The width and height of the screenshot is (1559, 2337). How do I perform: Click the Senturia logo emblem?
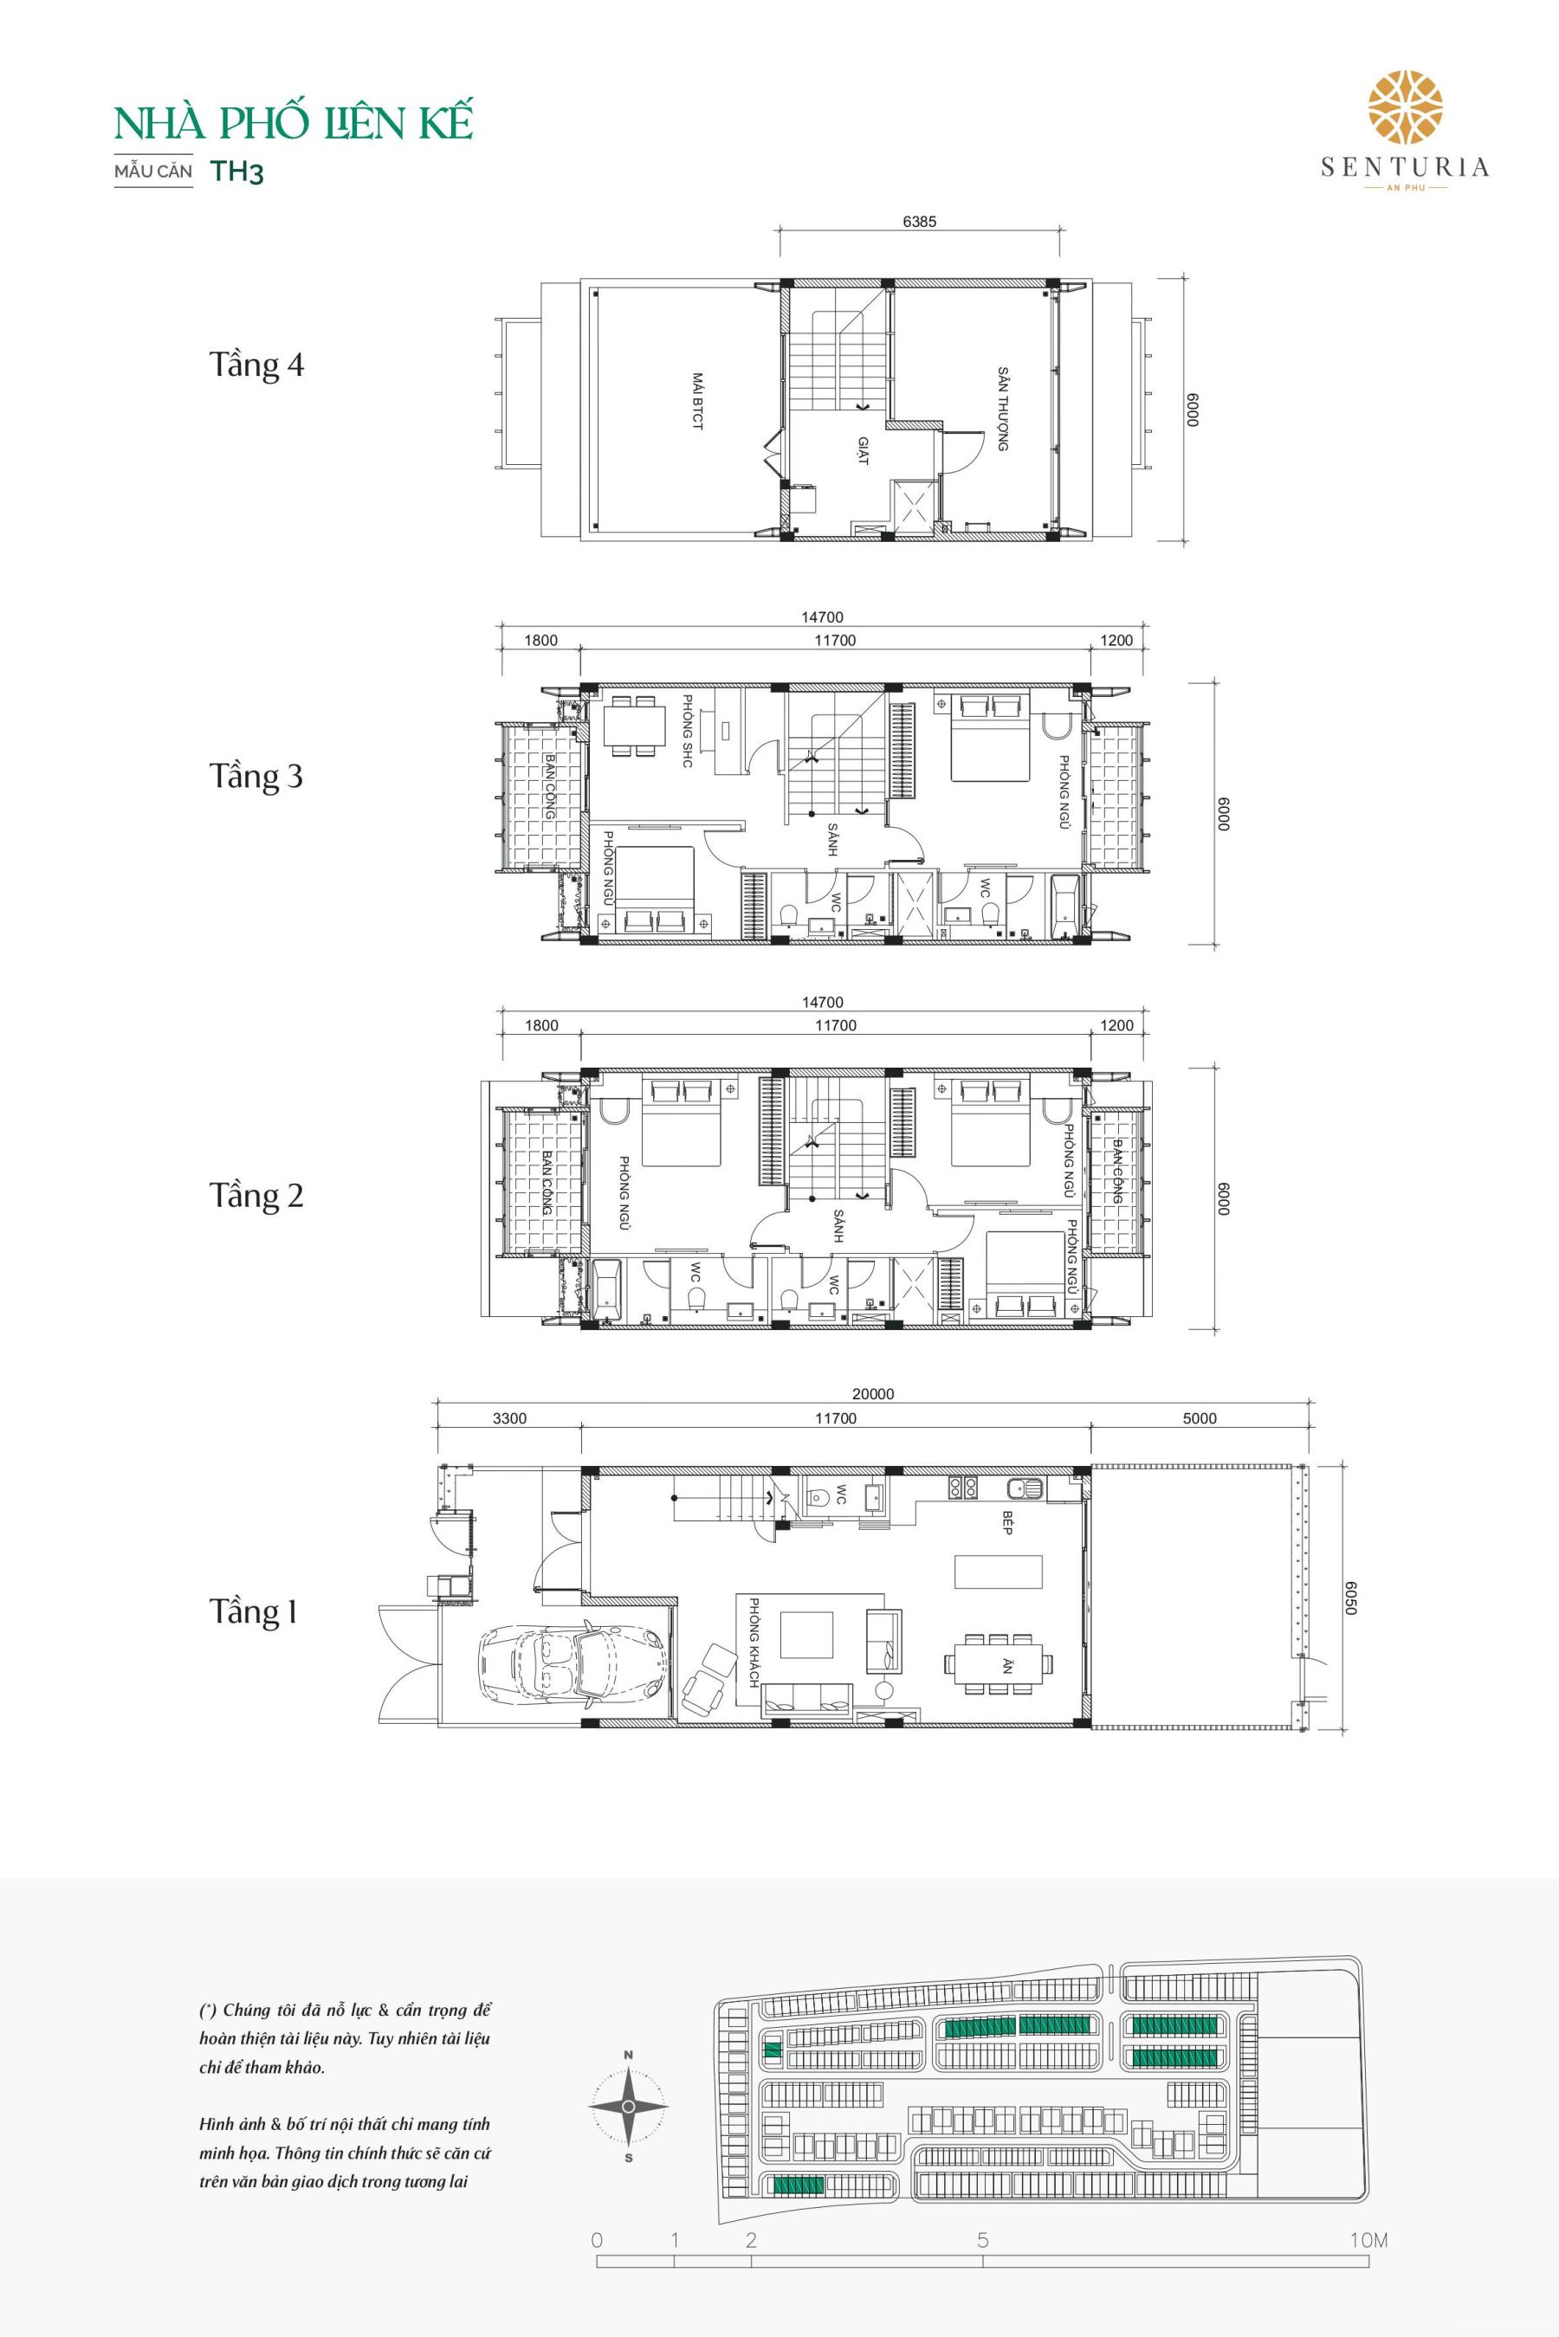[1405, 107]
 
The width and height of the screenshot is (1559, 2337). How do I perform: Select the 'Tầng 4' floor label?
[256, 365]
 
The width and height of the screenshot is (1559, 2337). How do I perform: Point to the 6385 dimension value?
[919, 223]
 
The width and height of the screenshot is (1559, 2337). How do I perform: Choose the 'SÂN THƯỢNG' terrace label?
[1003, 410]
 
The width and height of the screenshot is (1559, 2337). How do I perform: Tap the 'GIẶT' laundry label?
[863, 450]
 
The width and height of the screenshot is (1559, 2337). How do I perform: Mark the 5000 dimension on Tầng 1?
[1199, 1418]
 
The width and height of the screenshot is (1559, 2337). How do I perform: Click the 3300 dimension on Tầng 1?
[509, 1418]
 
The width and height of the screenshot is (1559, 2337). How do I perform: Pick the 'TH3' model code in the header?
[236, 171]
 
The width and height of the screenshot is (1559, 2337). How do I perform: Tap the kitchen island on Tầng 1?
[999, 1572]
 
